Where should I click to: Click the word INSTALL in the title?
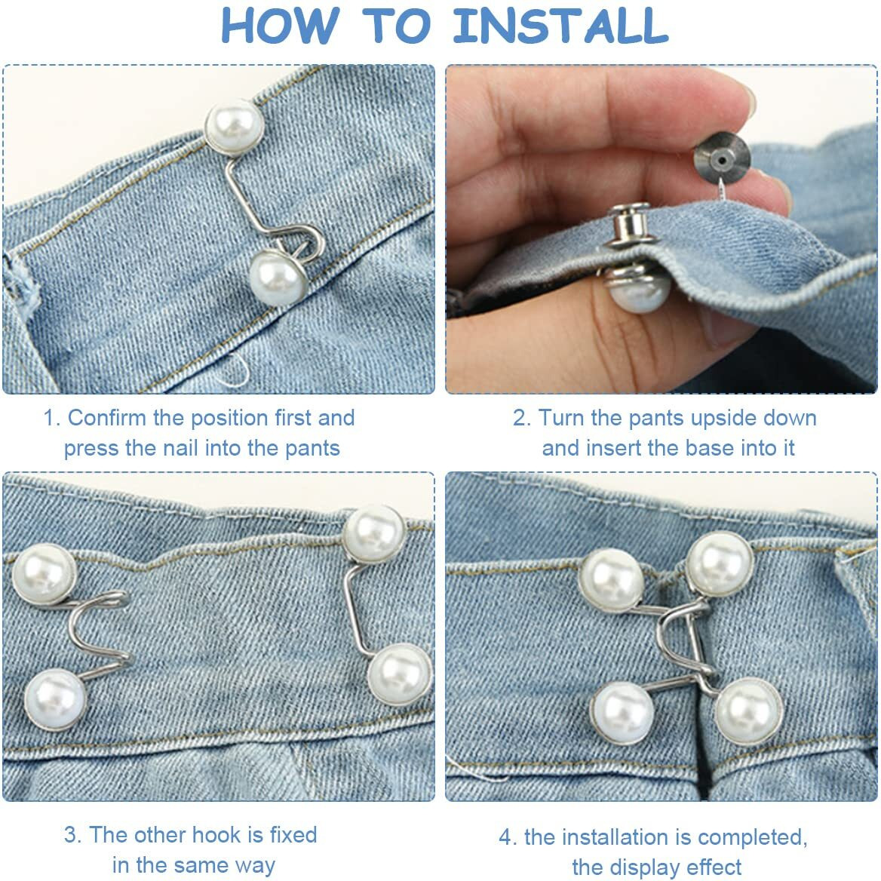click(x=560, y=26)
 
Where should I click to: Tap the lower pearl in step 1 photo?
click(x=278, y=278)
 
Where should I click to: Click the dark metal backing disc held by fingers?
click(x=722, y=160)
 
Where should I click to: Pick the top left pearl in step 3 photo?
click(x=45, y=574)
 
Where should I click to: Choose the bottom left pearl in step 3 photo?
click(x=55, y=699)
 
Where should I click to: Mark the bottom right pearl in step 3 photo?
click(x=400, y=675)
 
